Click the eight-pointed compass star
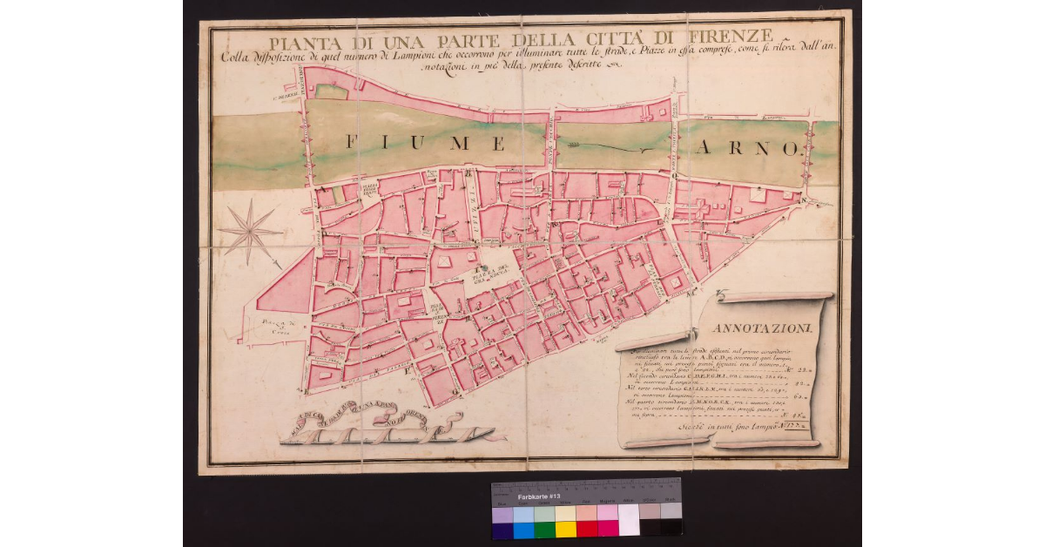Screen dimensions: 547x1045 [249, 232]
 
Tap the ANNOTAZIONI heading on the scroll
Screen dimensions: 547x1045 [762, 328]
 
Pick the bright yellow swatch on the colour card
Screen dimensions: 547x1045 [565, 529]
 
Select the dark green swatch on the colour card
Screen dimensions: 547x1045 [544, 529]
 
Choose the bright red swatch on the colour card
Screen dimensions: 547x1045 [586, 529]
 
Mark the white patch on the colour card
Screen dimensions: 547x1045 [629, 521]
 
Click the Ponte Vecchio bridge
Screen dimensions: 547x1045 [551, 142]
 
